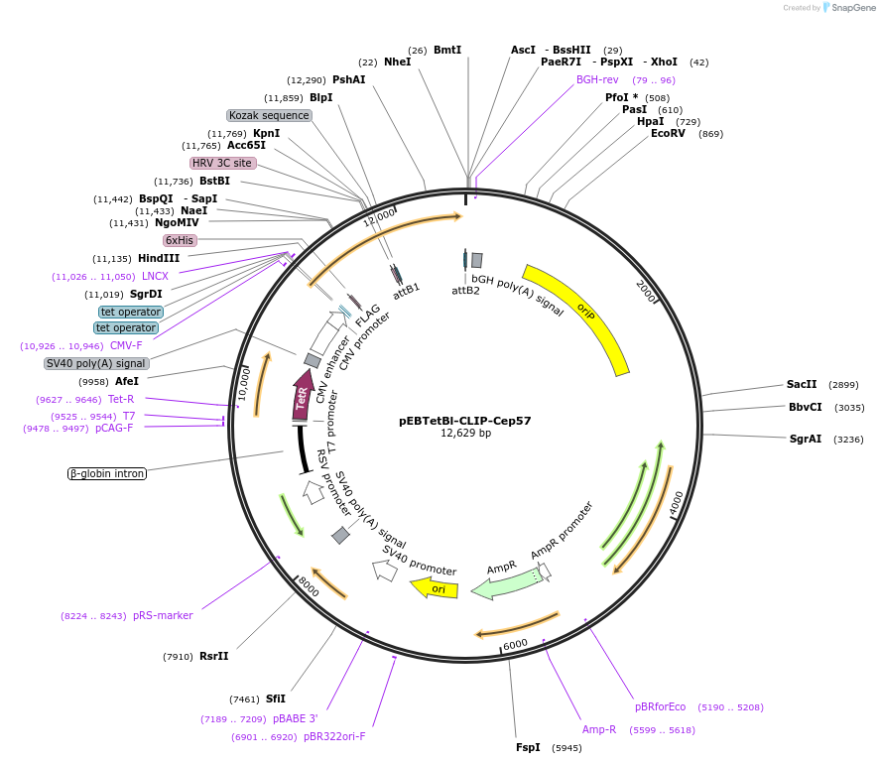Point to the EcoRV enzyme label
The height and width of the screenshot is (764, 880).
(x=668, y=133)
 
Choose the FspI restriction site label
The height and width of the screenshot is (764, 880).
(x=528, y=747)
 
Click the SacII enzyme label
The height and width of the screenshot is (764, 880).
(x=802, y=384)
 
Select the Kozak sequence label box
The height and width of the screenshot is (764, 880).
(x=269, y=115)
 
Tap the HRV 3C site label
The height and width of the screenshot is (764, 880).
(x=222, y=163)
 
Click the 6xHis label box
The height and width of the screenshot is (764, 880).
(x=181, y=240)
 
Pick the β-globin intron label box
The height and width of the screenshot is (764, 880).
(x=107, y=473)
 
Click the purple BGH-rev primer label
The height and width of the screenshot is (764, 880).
(x=597, y=79)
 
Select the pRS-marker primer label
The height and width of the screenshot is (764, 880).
(x=163, y=615)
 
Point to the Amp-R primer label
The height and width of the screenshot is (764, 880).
(x=599, y=729)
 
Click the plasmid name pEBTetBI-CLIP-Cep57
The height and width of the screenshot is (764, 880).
(x=465, y=420)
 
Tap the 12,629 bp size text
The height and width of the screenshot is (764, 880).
(x=465, y=434)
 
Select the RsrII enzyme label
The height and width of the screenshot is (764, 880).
(x=214, y=656)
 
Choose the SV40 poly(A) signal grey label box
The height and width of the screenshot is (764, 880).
(x=96, y=363)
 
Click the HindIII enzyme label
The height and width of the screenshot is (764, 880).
(x=159, y=258)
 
